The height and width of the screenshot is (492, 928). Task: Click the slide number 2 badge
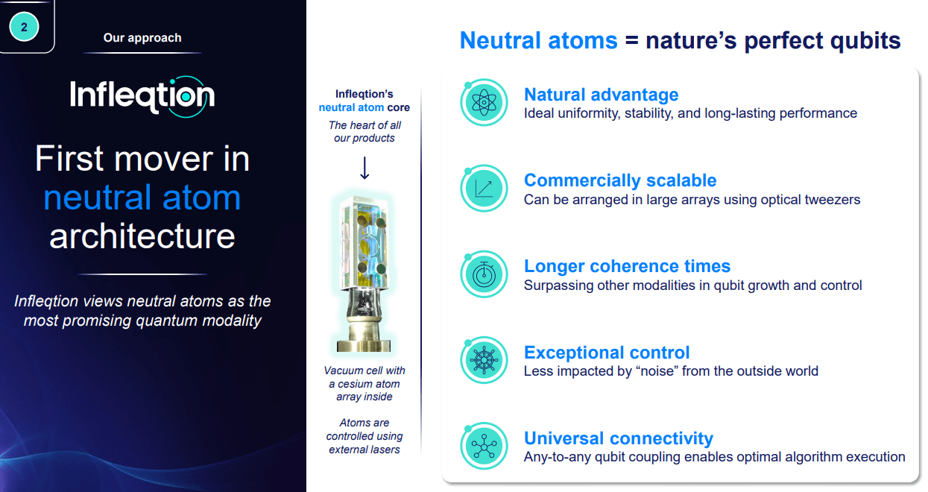[25, 27]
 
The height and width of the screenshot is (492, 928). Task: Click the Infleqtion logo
[142, 96]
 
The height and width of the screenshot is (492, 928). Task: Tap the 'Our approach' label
[142, 37]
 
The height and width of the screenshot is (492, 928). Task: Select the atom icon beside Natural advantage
[484, 103]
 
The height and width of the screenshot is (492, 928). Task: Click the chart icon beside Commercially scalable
[484, 189]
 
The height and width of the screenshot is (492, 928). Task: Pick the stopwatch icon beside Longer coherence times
[484, 275]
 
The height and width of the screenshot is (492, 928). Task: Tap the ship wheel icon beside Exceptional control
[484, 361]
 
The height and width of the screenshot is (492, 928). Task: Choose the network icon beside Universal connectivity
[484, 447]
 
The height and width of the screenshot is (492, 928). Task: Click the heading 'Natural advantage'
[601, 95]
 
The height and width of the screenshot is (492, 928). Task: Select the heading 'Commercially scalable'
[620, 180]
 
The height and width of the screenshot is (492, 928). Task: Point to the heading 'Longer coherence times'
[627, 266]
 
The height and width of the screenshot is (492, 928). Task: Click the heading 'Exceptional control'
[607, 352]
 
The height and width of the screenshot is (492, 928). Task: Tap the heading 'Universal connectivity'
[619, 438]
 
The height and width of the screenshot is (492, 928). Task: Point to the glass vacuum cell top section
[364, 239]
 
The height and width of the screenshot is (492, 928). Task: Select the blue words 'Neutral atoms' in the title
[538, 40]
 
